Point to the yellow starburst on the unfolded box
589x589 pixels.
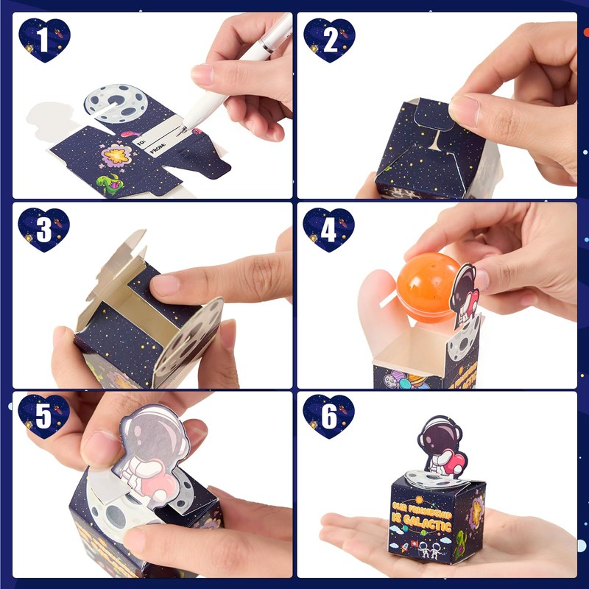[x=117, y=155]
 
